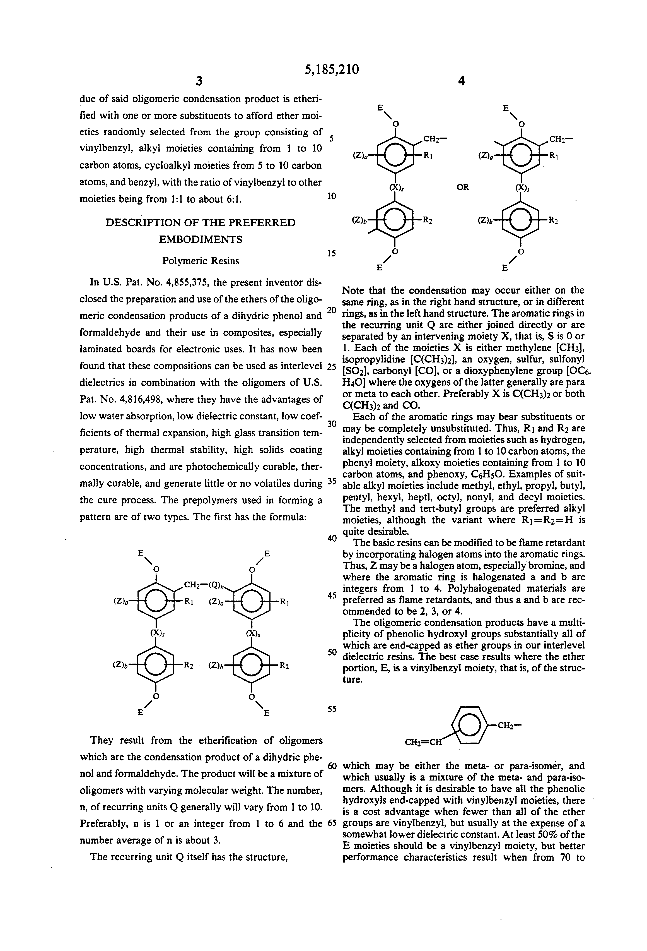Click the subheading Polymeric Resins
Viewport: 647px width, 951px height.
tap(201, 261)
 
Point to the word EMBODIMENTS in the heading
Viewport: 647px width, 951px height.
tap(201, 239)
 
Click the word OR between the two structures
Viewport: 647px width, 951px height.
tap(463, 188)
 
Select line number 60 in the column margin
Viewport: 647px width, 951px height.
tap(332, 765)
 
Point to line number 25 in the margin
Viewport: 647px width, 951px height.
tap(332, 366)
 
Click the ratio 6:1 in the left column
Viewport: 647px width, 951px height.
tap(232, 199)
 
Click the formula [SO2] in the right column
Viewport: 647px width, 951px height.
tap(355, 371)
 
